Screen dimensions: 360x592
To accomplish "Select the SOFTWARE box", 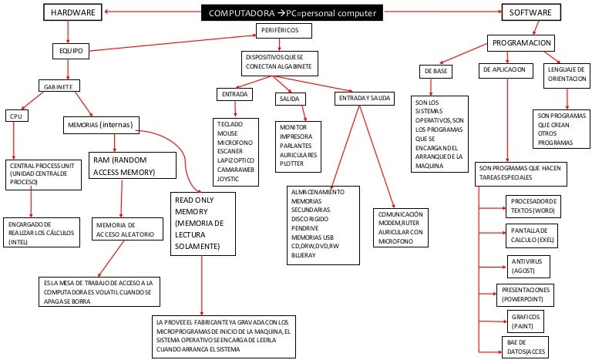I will (x=532, y=12).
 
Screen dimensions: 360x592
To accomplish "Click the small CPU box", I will (x=15, y=116).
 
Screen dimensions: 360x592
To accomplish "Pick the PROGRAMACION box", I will (x=521, y=43).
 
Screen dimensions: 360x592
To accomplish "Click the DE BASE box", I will (x=436, y=71).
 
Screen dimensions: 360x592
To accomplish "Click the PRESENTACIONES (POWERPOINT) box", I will (x=532, y=294).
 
